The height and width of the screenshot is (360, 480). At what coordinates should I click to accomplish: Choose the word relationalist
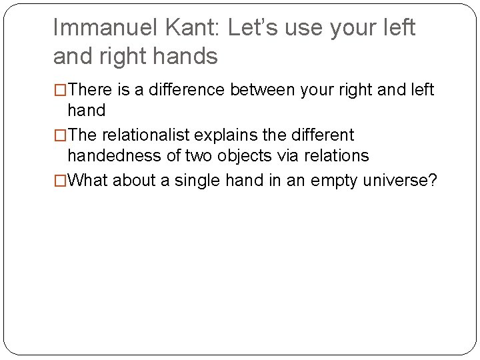pos(153,135)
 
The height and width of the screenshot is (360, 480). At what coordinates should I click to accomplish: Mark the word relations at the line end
pos(335,156)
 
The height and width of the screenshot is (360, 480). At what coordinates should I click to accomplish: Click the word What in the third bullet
pos(88,180)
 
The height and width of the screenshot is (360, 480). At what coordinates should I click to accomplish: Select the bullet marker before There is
pos(60,89)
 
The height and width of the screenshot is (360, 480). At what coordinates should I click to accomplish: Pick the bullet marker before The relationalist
pos(60,135)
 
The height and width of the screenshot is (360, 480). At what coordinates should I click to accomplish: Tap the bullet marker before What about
pos(60,180)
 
